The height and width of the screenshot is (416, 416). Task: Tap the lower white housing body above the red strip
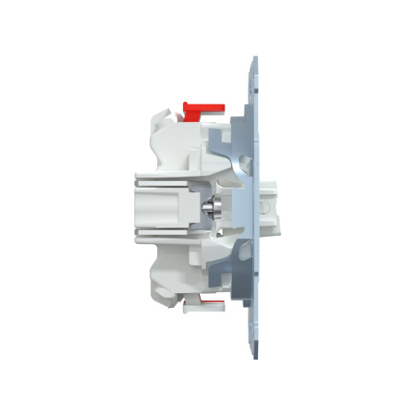pos(185,268)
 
